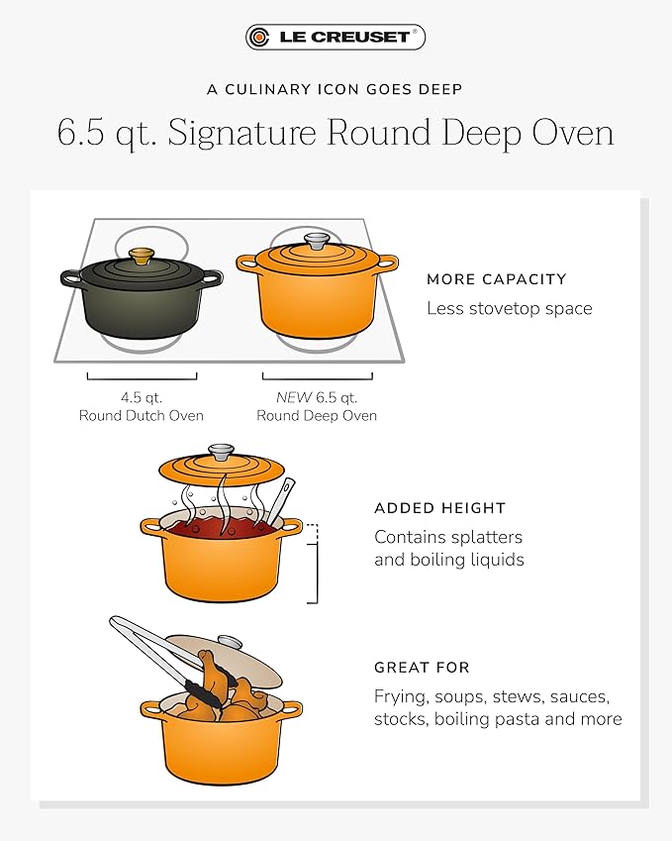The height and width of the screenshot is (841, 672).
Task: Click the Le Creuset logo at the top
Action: tap(336, 38)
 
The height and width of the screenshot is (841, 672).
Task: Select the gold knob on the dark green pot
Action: tap(143, 256)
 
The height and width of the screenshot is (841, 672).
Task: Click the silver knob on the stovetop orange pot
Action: tap(317, 241)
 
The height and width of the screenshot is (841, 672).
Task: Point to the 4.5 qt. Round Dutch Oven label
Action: tap(142, 406)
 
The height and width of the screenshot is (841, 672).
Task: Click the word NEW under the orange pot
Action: tap(294, 397)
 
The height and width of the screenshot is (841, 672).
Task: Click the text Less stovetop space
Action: tap(509, 308)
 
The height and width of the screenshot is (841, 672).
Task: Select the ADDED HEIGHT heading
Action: tap(439, 508)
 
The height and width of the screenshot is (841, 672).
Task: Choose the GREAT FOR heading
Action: tap(422, 668)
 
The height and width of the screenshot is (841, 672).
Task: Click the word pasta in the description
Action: tap(534, 719)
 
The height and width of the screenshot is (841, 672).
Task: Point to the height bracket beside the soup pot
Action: tap(315, 563)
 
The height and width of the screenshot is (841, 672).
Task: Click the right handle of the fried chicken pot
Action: tap(290, 709)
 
